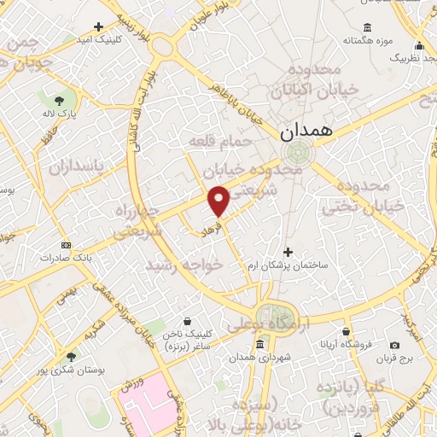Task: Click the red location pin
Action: click(218, 201)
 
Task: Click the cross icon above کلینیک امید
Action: click(98, 27)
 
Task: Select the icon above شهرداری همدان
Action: click(259, 344)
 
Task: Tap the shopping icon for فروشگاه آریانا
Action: click(346, 330)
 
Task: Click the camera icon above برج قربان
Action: click(394, 345)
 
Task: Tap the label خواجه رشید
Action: click(185, 265)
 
